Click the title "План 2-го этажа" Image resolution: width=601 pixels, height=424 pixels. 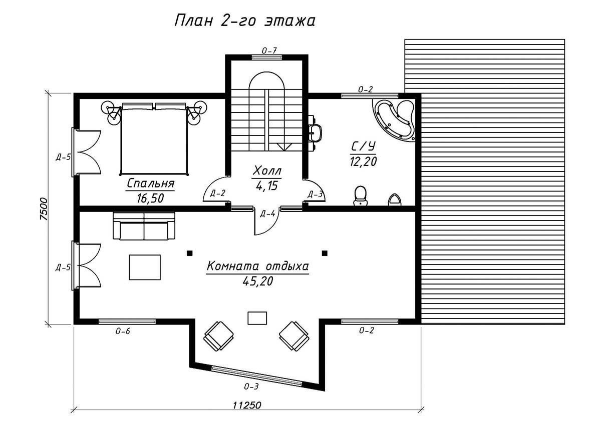(x=245, y=21)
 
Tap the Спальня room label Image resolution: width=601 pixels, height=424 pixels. (x=151, y=183)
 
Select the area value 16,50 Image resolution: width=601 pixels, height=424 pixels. (x=150, y=198)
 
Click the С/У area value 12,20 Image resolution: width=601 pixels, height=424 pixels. (x=363, y=161)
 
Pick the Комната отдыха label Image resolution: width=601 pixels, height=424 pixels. (x=257, y=266)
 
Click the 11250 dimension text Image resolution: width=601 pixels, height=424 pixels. (x=246, y=405)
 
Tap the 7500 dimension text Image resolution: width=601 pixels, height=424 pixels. (x=44, y=209)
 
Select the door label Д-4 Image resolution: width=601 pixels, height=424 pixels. (x=267, y=213)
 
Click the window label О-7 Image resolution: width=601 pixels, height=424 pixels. (x=269, y=50)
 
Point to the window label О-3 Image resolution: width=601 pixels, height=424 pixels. (x=251, y=386)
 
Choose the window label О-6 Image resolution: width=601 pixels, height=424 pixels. (x=123, y=331)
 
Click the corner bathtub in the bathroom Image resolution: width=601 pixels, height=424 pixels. (x=394, y=120)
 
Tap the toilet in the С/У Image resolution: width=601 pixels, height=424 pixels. (x=360, y=196)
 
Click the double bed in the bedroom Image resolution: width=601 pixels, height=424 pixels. (x=154, y=138)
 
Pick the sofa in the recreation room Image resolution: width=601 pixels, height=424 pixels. (x=144, y=226)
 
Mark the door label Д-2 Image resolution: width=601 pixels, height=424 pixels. (x=217, y=193)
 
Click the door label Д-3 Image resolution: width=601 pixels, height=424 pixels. (x=315, y=194)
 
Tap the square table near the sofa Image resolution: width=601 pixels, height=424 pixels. (x=145, y=267)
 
